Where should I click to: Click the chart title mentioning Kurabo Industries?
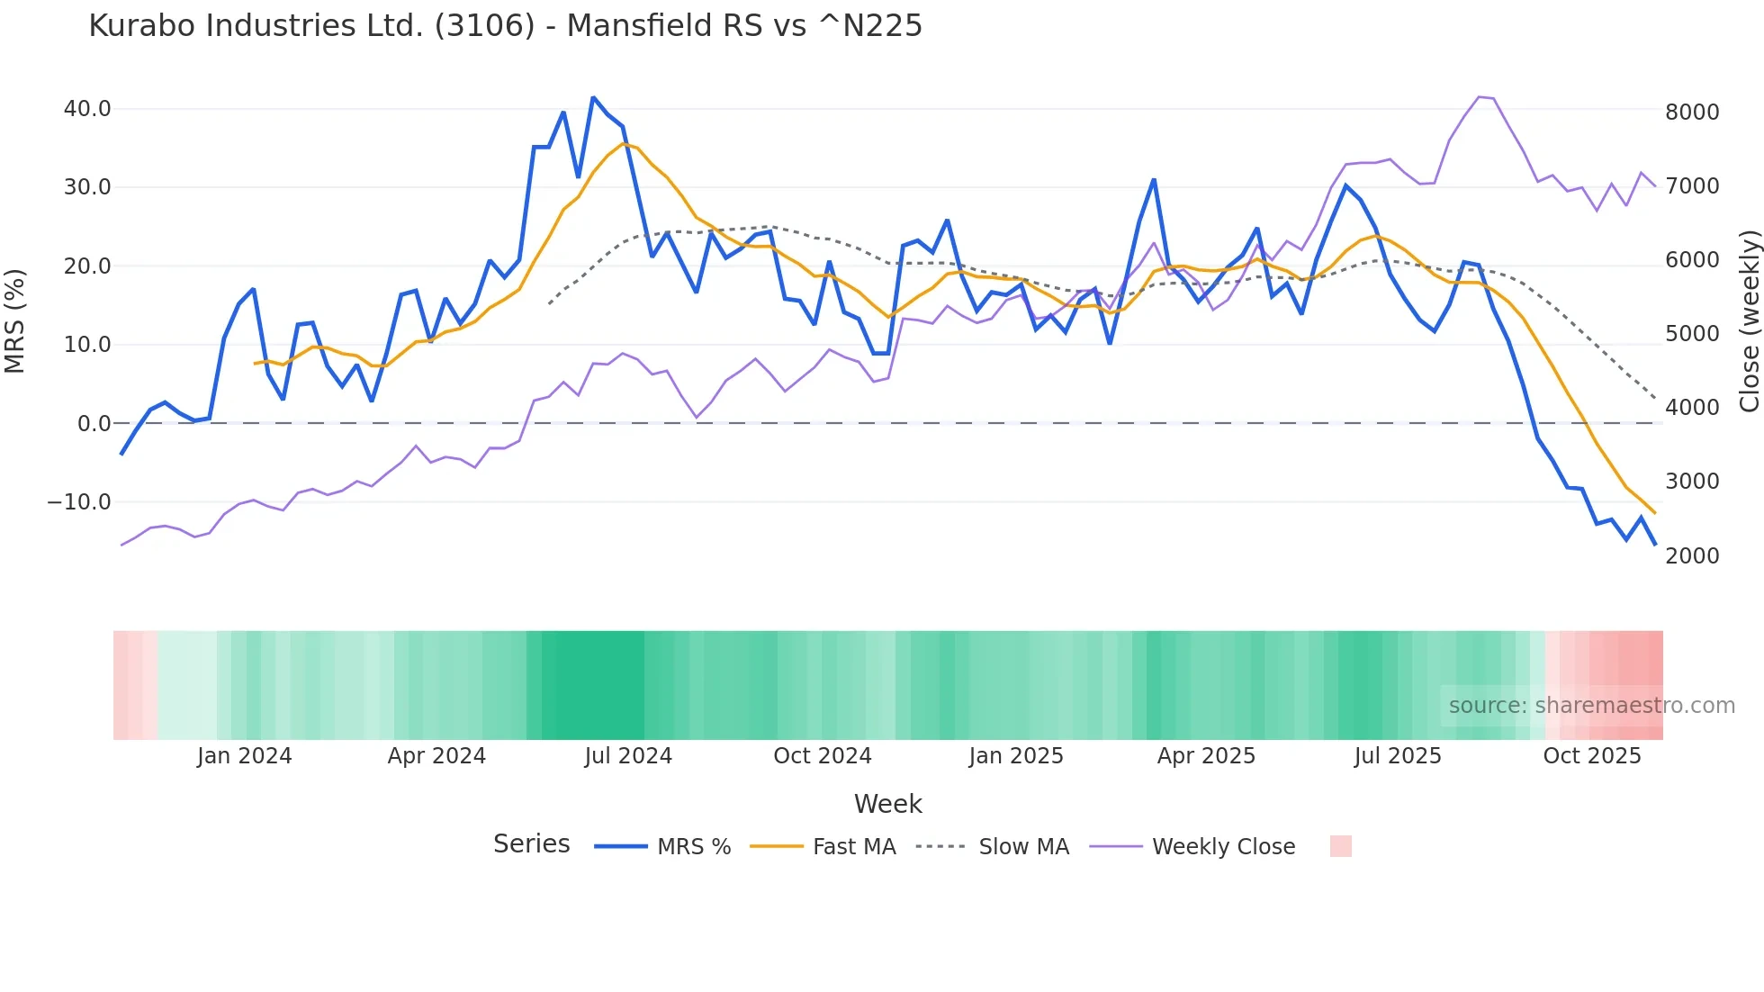pyautogui.click(x=505, y=26)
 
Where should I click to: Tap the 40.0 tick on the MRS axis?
pyautogui.click(x=87, y=109)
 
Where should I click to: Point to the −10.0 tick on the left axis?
pyautogui.click(x=79, y=502)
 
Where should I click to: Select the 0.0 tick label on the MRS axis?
pyautogui.click(x=94, y=423)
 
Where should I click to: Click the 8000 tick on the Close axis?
pyautogui.click(x=1692, y=113)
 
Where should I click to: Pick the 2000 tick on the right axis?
pyautogui.click(x=1692, y=556)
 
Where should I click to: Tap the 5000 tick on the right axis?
pyautogui.click(x=1692, y=334)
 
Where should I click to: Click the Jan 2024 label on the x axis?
pyautogui.click(x=245, y=756)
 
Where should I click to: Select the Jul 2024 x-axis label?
pyautogui.click(x=628, y=756)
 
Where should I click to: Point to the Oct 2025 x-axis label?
pyautogui.click(x=1592, y=756)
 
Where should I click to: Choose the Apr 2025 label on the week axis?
pyautogui.click(x=1206, y=756)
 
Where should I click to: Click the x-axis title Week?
pyautogui.click(x=887, y=804)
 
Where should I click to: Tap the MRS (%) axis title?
pyautogui.click(x=15, y=320)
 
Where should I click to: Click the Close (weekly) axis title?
pyautogui.click(x=1749, y=320)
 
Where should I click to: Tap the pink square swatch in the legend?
pyautogui.click(x=1340, y=846)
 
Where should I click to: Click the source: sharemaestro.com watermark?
pyautogui.click(x=1591, y=706)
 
